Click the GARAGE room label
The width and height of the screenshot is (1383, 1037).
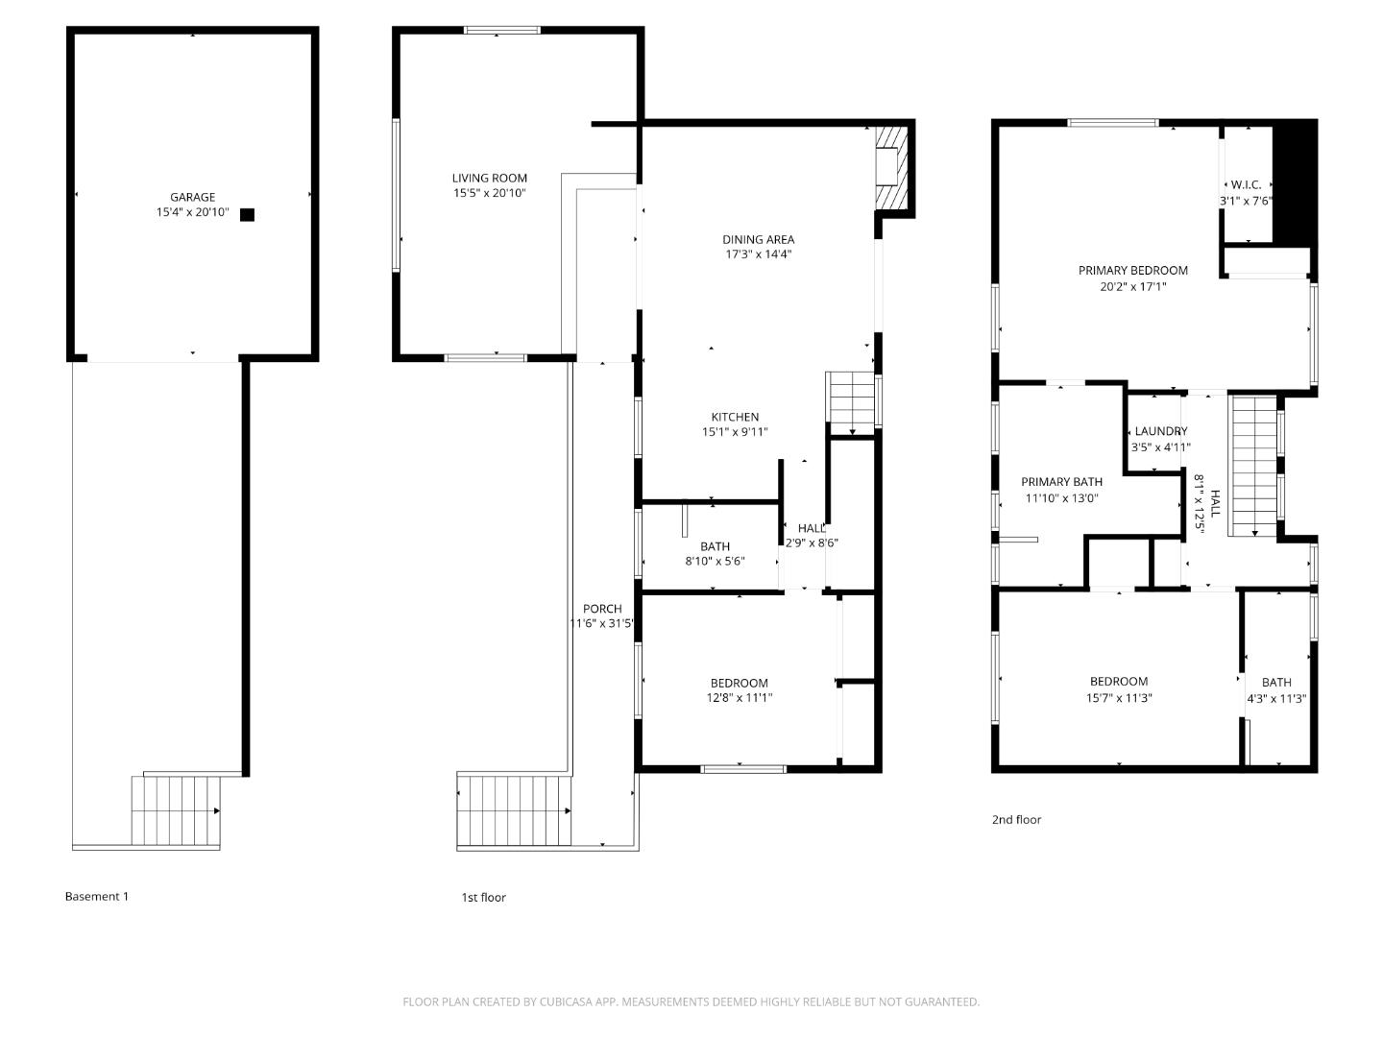[x=192, y=197]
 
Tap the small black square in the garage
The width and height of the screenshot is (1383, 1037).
[x=247, y=215]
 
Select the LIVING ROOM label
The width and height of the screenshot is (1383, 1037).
[x=489, y=178]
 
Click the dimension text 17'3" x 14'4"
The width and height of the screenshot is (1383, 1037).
[x=758, y=254]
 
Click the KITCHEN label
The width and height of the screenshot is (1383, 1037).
[x=735, y=417]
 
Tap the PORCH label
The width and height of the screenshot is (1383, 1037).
[x=602, y=608]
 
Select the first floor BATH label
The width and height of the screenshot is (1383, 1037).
[x=715, y=546]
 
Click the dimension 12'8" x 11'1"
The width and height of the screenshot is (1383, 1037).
[x=739, y=698]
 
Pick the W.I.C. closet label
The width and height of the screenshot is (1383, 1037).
[x=1246, y=184]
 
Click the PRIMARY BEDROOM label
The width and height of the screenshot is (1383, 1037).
[x=1132, y=271]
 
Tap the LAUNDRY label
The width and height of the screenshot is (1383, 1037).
[x=1160, y=431]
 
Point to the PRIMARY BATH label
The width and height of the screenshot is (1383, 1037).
[x=1061, y=482]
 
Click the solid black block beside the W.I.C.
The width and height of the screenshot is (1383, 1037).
[x=1294, y=182]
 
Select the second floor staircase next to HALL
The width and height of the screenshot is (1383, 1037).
[x=1254, y=467]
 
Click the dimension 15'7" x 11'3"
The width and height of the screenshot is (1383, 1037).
[x=1119, y=698]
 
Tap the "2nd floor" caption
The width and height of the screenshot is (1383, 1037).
[x=1016, y=819]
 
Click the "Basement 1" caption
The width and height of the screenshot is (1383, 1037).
[x=96, y=896]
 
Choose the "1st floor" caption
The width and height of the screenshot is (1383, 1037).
[x=483, y=897]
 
